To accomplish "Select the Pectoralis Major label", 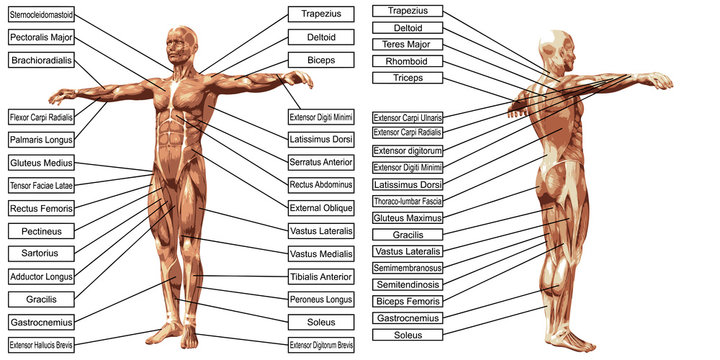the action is click(x=43, y=37).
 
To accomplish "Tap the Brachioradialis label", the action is click(x=41, y=60).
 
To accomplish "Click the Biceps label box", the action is click(x=320, y=59).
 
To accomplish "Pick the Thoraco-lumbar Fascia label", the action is click(x=407, y=201).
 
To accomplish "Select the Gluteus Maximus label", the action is click(x=406, y=217).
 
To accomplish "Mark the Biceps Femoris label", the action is click(x=406, y=301).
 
